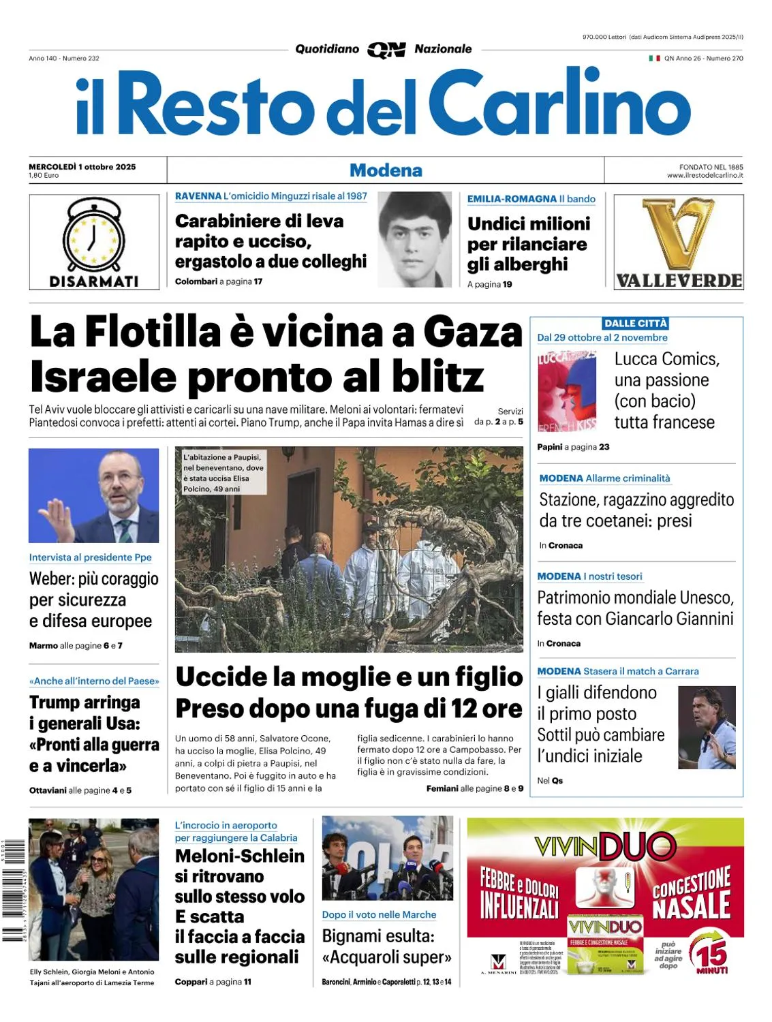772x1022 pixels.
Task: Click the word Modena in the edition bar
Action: tap(386, 170)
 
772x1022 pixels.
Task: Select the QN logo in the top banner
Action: tap(386, 50)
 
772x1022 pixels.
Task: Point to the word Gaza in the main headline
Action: tap(473, 332)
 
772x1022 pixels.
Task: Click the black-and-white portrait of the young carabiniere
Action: tap(414, 239)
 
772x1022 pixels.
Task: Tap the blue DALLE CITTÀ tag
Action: tap(635, 324)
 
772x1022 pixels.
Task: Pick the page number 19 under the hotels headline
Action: tap(508, 284)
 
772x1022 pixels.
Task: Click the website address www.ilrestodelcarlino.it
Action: tap(705, 176)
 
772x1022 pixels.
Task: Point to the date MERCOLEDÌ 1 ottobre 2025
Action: tap(82, 166)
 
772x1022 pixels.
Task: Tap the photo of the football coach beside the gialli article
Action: tap(707, 728)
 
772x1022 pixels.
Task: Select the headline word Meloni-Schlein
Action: tap(240, 856)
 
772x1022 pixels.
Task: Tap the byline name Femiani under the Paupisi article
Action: tap(442, 788)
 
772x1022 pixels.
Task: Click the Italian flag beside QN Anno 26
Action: tap(654, 59)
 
